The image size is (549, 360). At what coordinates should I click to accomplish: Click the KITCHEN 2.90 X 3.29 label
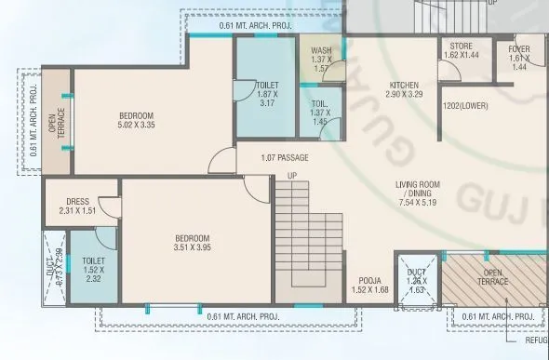point(404,89)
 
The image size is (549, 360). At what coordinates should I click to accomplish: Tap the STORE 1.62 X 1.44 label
point(462,50)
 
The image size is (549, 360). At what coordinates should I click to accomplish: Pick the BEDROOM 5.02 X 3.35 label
point(141,118)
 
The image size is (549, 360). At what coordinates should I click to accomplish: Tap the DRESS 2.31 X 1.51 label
point(77,206)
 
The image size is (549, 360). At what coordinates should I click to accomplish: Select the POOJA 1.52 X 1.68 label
point(369,284)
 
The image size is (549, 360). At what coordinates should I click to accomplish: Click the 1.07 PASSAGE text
point(285,158)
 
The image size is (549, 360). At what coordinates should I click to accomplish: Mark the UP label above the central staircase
point(292,176)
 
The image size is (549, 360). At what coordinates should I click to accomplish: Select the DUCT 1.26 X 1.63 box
point(416,280)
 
